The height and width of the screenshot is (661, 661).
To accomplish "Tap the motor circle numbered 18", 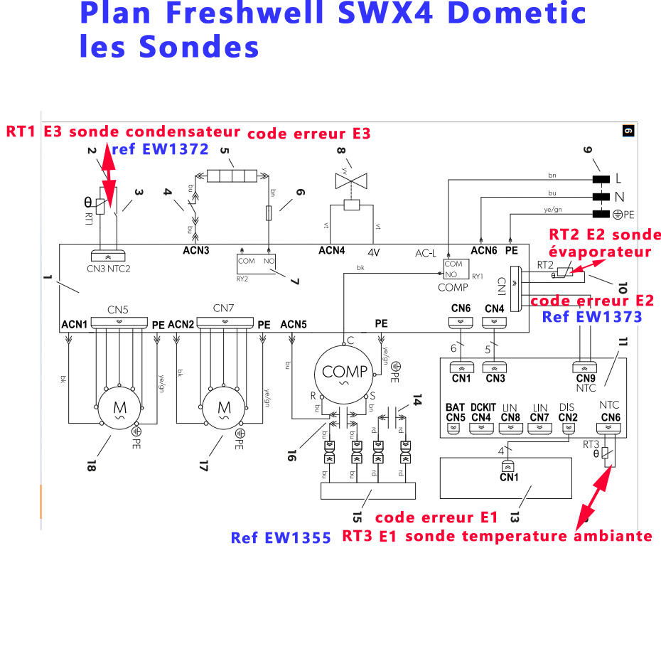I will (x=115, y=408).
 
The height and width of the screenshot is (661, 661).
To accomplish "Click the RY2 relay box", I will (x=258, y=262).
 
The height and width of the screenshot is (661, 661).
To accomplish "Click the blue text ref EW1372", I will (x=161, y=149).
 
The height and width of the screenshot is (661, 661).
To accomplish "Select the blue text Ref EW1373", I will (x=592, y=317).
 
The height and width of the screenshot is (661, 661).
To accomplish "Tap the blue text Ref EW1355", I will (x=281, y=538).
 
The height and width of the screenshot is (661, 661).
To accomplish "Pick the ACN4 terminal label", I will (x=331, y=250).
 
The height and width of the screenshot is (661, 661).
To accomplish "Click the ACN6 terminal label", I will (x=483, y=249).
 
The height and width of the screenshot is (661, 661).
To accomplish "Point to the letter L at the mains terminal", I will (x=618, y=177).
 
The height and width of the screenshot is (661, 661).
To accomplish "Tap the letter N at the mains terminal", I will (x=618, y=196).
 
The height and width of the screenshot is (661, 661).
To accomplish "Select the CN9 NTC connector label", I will (x=586, y=383).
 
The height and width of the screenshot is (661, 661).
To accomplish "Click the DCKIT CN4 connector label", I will (x=481, y=412).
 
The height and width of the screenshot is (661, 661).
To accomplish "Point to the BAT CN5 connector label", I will (x=455, y=412).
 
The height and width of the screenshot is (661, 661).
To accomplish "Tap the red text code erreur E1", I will (x=436, y=517).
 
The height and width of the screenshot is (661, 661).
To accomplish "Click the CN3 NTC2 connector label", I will (x=109, y=269).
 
